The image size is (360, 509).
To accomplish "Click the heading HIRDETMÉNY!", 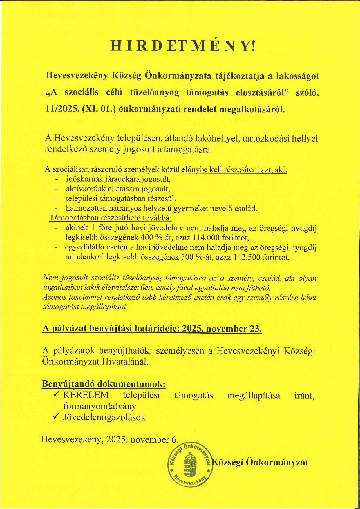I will pos(183,46).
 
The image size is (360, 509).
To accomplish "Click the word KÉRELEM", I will pos(86,395).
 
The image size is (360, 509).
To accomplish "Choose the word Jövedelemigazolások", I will pos(104,417).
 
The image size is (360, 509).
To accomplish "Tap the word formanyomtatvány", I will pos(100,406).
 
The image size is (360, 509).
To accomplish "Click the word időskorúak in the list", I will pos(81,179).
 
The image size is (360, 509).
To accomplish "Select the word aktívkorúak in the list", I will pos(83,189).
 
